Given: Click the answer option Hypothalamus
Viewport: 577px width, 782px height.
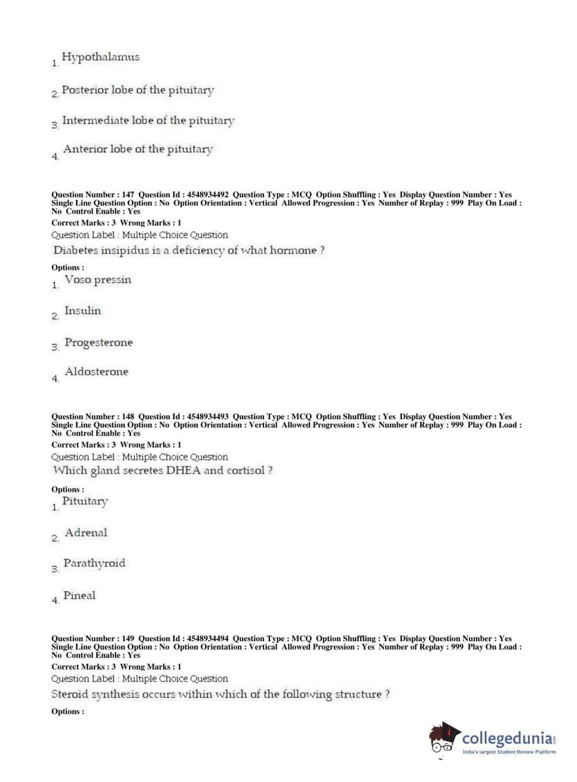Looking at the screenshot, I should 100,57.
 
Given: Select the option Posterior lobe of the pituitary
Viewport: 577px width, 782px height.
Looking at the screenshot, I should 138,90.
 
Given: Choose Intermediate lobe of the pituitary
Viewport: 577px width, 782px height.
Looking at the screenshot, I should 148,121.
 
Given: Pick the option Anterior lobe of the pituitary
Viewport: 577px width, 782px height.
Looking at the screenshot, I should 138,149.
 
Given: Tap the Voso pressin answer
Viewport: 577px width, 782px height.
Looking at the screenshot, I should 98,280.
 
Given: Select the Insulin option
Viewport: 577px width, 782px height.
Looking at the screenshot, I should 82,311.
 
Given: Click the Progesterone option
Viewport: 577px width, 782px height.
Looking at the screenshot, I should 99,343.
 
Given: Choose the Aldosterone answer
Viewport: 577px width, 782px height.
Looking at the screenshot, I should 96,372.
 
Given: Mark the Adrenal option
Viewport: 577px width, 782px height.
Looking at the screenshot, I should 86,533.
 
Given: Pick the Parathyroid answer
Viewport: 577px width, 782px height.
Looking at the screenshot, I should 94,563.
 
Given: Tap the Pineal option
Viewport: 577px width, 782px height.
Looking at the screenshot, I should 80,596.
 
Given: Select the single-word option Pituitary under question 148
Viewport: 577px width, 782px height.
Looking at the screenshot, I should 85,502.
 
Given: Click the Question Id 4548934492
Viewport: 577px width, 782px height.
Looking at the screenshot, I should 207,195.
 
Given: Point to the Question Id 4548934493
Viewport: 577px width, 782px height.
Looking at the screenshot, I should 207,417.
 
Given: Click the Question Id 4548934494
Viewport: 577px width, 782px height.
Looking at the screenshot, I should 207,639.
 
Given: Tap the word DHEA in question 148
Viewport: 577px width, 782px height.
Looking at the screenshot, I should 183,471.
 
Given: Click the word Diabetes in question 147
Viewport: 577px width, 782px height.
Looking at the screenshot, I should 76,251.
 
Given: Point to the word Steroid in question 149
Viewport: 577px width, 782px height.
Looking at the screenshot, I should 70,694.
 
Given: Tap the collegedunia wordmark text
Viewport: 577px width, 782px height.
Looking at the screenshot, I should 507,738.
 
